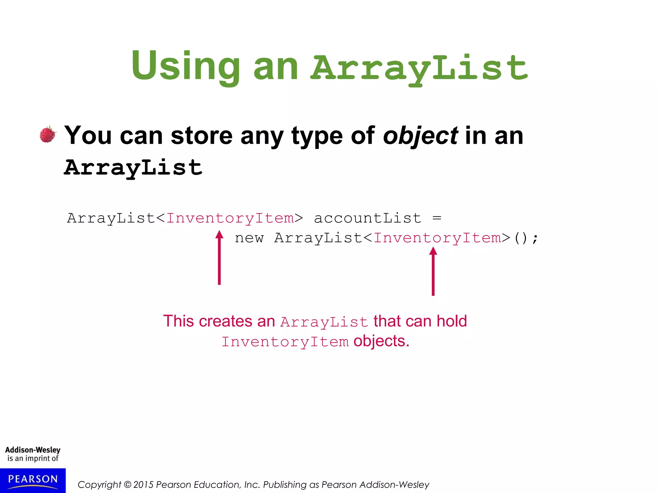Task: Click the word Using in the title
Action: coord(185,66)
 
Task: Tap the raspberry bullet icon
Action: coord(48,134)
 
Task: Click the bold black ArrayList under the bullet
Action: coord(133,168)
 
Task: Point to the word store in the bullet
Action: coord(201,136)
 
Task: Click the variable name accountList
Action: coord(367,219)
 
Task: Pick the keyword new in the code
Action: coord(249,238)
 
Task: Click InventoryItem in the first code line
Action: coord(230,219)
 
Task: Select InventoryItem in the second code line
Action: coord(437,238)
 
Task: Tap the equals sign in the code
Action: coord(437,219)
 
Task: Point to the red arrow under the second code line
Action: coord(433,271)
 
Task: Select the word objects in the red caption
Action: coord(381,341)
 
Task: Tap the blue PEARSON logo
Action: coord(33,480)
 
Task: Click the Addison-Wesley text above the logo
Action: coord(33,450)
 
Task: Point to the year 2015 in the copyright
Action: coord(143,485)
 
